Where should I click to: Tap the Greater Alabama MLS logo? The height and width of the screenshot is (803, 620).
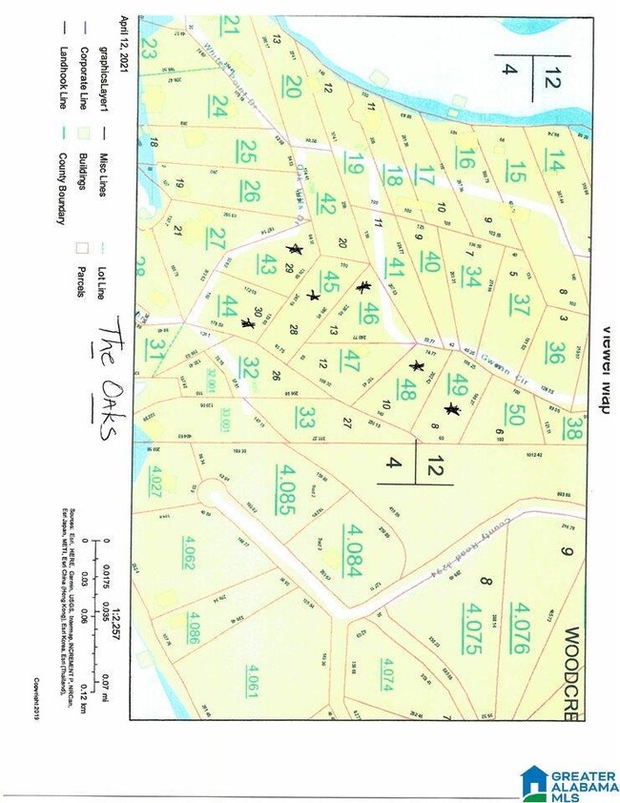point(569,783)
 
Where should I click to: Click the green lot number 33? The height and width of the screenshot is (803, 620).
point(304,418)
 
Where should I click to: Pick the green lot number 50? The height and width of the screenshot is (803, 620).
point(516,416)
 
